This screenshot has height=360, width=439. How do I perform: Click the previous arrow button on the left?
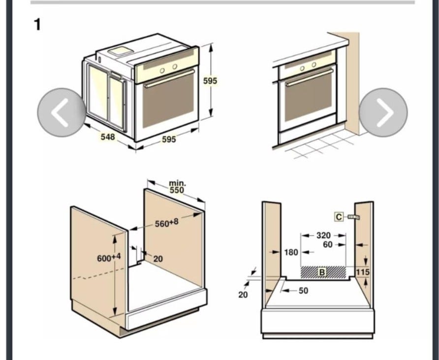click(62, 112)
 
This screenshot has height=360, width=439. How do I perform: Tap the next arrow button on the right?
click(383, 112)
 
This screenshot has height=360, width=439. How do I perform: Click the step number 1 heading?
click(37, 25)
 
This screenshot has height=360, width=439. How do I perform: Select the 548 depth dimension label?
click(108, 137)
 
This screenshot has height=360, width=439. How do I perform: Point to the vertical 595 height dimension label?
click(210, 81)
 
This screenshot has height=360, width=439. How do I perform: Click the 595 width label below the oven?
click(169, 139)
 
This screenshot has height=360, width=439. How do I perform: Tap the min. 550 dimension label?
click(177, 187)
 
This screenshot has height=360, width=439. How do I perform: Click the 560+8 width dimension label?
click(166, 223)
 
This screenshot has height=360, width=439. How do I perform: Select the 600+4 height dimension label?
click(109, 258)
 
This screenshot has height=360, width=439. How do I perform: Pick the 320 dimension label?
click(323, 235)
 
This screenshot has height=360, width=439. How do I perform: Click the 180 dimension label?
click(291, 253)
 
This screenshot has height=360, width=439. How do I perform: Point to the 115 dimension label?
click(363, 272)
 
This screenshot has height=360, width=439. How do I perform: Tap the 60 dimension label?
click(328, 245)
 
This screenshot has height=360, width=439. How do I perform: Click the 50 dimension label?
click(304, 291)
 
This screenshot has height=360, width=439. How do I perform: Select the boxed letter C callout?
click(339, 217)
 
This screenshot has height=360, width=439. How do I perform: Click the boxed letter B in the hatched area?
click(322, 272)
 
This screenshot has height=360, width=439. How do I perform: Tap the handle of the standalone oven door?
click(169, 79)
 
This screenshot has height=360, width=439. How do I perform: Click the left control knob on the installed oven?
click(302, 68)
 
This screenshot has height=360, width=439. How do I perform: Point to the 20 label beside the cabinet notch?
click(158, 259)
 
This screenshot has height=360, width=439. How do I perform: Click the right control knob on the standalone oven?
click(175, 66)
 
